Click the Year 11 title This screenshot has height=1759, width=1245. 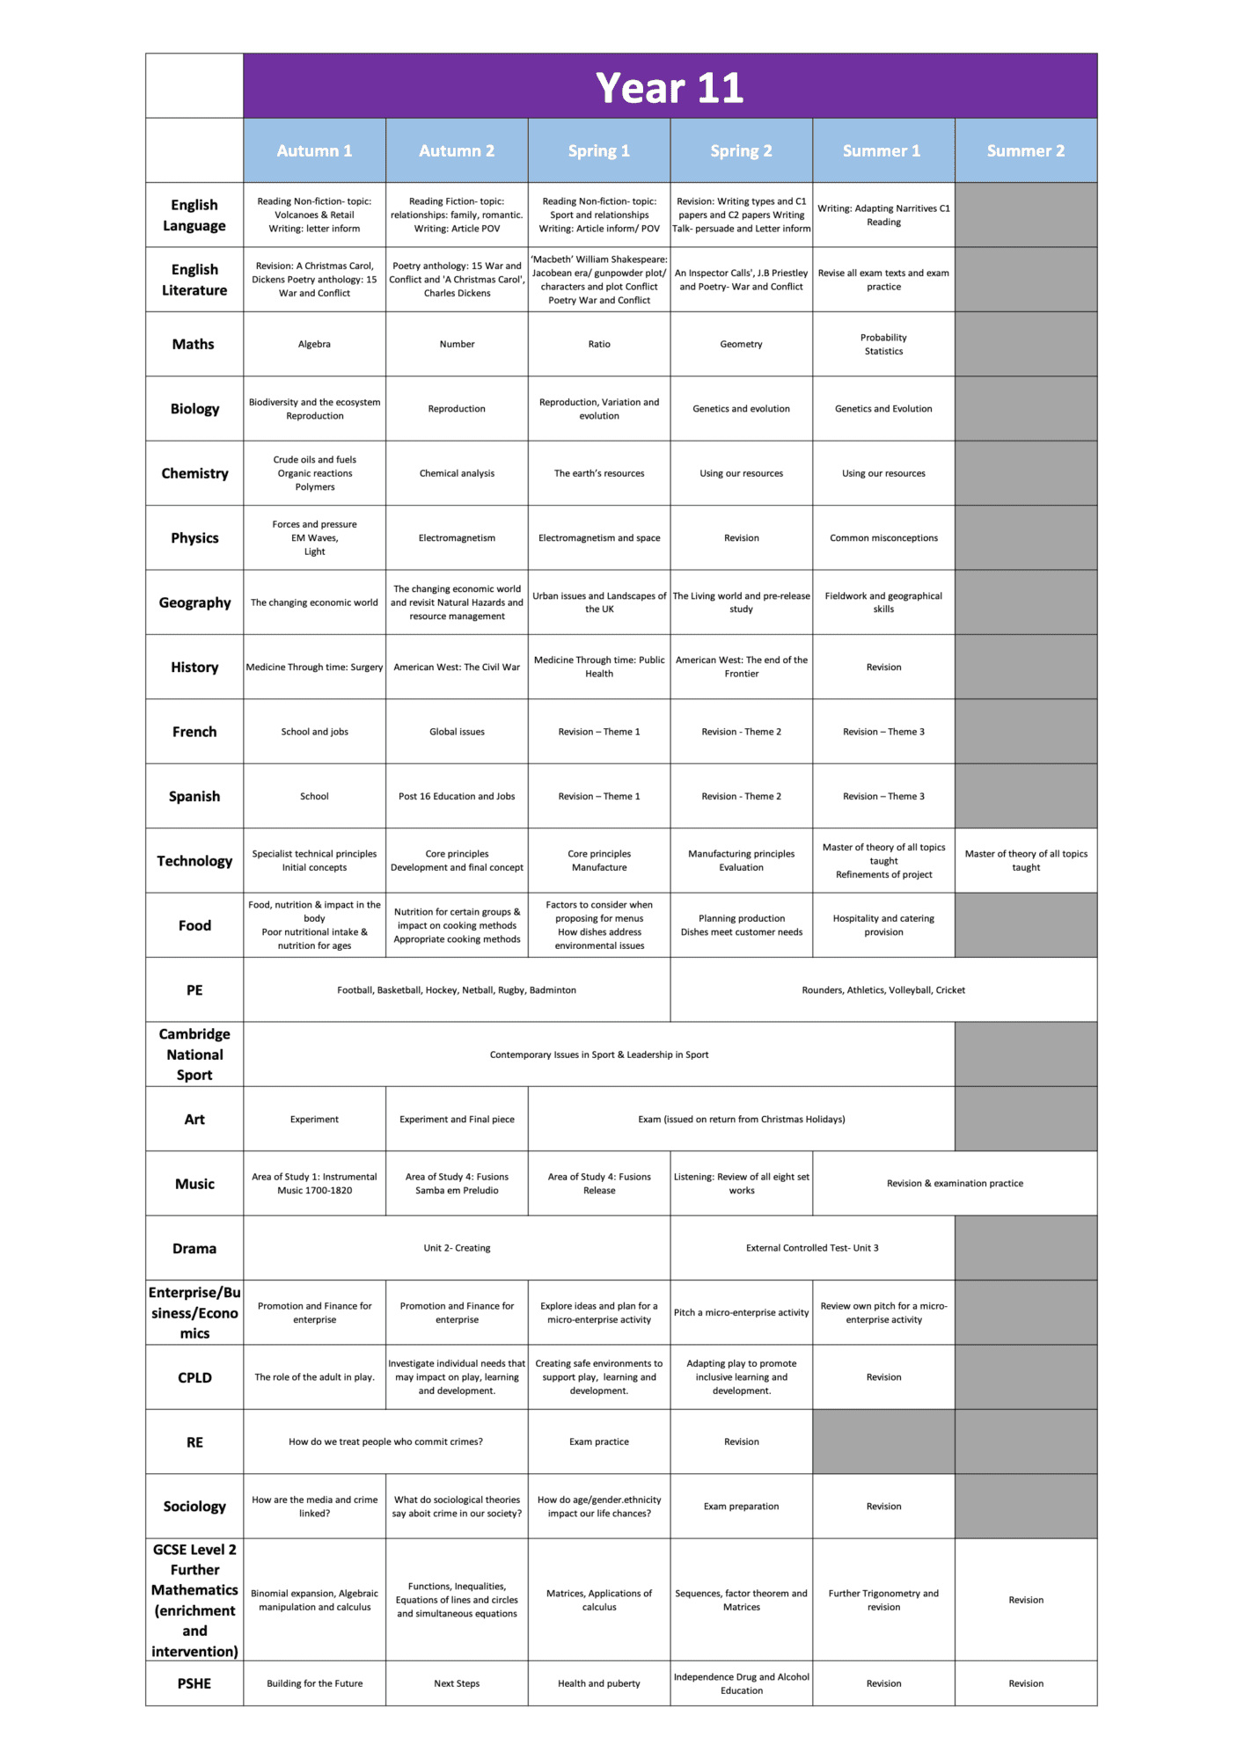pyautogui.click(x=670, y=87)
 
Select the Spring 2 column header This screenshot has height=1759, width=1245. pyautogui.click(x=741, y=150)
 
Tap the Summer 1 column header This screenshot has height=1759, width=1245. pyautogui.click(x=882, y=150)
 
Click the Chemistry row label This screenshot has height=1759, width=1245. pyautogui.click(x=194, y=473)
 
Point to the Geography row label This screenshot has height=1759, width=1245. pyautogui.click(x=194, y=602)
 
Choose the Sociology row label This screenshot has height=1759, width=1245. pyautogui.click(x=194, y=1507)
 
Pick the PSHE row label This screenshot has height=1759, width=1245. pyautogui.click(x=194, y=1683)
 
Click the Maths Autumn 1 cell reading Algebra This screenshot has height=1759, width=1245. pyautogui.click(x=314, y=344)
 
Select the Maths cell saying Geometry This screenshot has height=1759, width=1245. pyautogui.click(x=741, y=344)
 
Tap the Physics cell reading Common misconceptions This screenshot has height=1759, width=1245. pyautogui.click(x=883, y=538)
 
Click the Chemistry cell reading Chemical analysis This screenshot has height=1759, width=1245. pyautogui.click(x=457, y=473)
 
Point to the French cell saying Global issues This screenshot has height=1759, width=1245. pyautogui.click(x=457, y=732)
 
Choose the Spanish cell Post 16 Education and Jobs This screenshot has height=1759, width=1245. pyautogui.click(x=457, y=796)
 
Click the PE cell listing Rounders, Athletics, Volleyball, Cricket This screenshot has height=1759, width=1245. pyautogui.click(x=883, y=990)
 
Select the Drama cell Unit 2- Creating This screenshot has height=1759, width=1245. pyautogui.click(x=457, y=1248)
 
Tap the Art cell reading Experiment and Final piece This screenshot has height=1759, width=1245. pyautogui.click(x=457, y=1120)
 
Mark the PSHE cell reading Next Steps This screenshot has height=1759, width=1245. pyautogui.click(x=457, y=1683)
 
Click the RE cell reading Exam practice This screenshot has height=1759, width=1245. pyautogui.click(x=599, y=1442)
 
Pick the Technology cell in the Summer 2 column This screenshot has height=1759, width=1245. pyautogui.click(x=1026, y=860)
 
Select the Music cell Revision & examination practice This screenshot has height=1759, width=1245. pyautogui.click(x=955, y=1184)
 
